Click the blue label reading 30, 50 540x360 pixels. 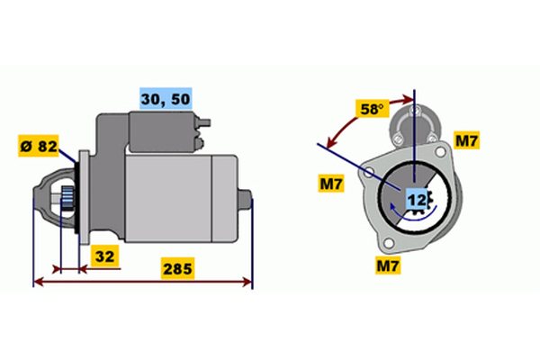166,98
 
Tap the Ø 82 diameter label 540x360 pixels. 39,146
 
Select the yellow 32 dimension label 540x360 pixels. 104,256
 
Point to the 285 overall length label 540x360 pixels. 177,268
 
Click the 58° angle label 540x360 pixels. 372,109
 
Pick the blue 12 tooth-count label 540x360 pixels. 417,200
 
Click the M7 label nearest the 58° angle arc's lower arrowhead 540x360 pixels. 331,184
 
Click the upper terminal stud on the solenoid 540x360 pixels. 204,122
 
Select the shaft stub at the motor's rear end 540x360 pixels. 245,200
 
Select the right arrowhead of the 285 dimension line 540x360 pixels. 247,282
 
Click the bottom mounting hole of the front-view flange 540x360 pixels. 388,243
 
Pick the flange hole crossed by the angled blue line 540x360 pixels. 369,172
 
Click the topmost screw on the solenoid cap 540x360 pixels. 415,111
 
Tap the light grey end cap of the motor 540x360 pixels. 224,199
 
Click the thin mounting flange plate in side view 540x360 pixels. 84,197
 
